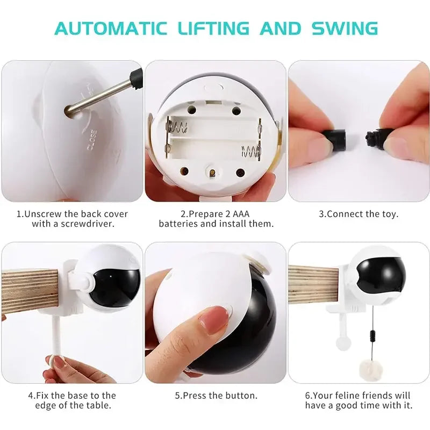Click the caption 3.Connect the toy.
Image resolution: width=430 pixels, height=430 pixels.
(x=359, y=214)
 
